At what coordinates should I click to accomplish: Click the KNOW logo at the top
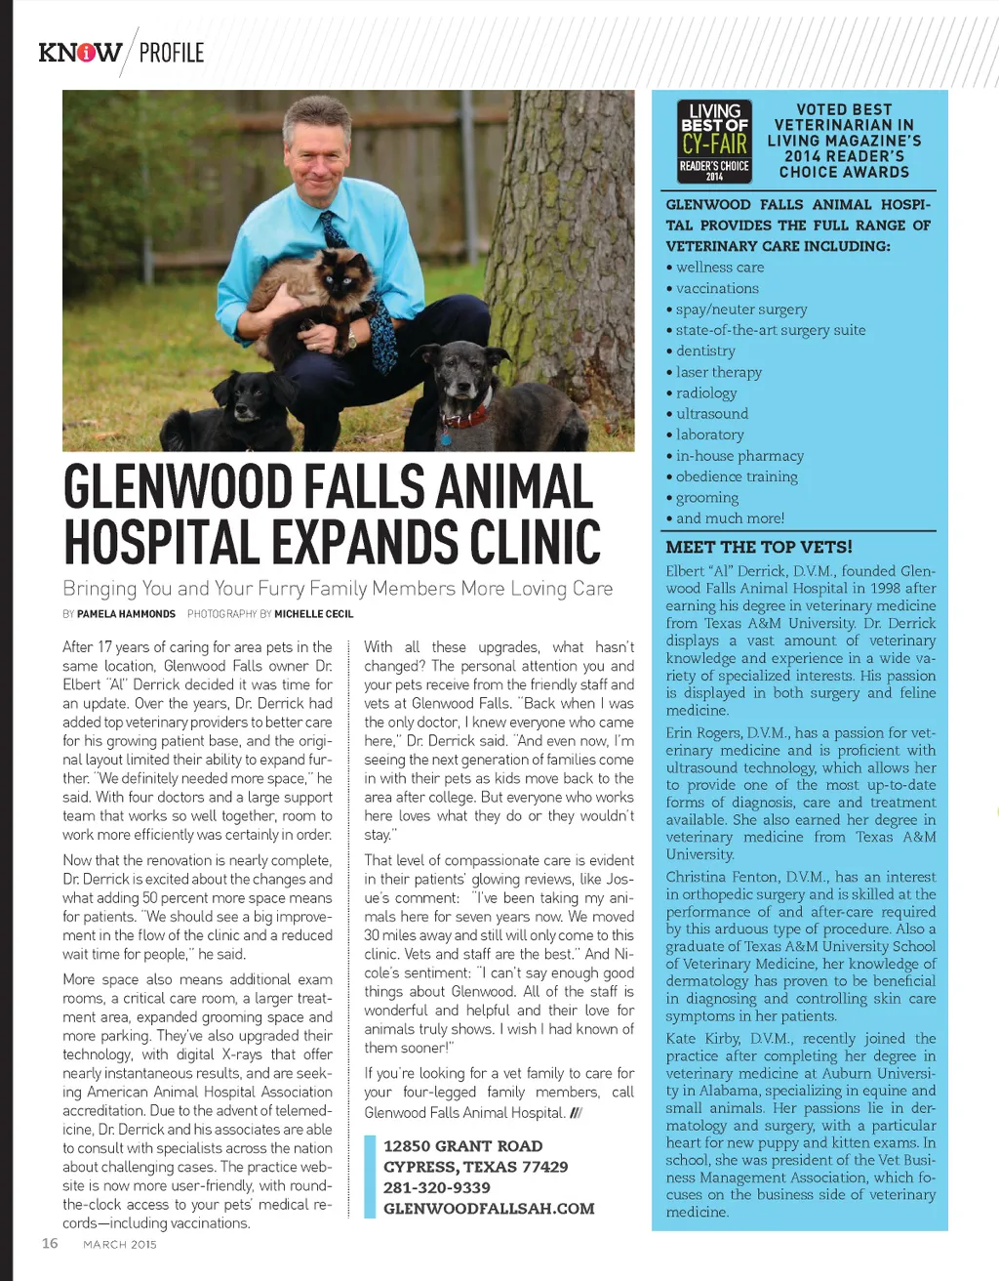[x=80, y=52]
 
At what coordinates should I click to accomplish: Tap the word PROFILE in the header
[x=172, y=53]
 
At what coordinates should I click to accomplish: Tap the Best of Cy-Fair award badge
[x=715, y=142]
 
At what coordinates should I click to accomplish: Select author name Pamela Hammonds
[x=126, y=614]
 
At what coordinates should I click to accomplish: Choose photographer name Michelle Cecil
[x=313, y=614]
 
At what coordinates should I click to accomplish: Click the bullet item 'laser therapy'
[x=718, y=372]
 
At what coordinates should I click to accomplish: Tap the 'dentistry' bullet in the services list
[x=705, y=351]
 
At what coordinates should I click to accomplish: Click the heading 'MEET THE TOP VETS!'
[x=759, y=547]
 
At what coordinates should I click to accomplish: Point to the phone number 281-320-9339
[x=437, y=1187]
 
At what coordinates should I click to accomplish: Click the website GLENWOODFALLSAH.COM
[x=489, y=1209]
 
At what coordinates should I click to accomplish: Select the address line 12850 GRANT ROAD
[x=462, y=1146]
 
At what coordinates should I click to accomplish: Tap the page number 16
[x=50, y=1243]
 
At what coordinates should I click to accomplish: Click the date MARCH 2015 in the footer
[x=120, y=1244]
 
